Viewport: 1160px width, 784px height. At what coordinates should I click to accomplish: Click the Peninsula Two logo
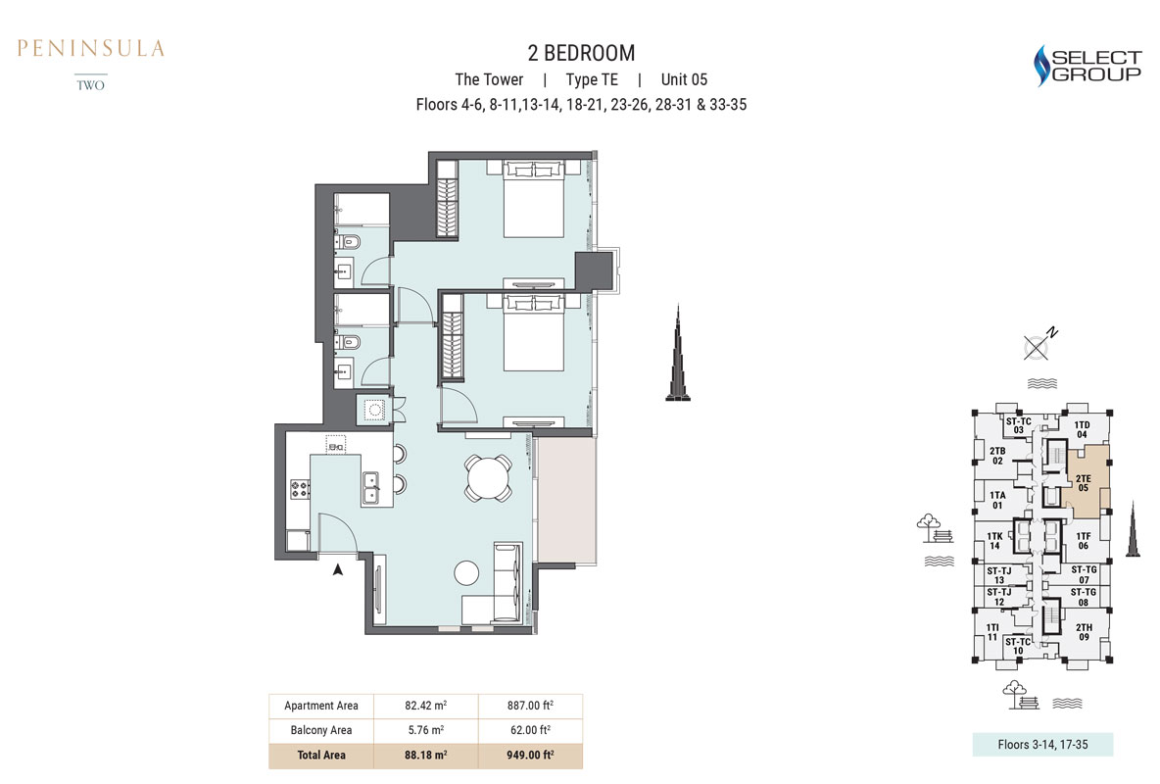[91, 65]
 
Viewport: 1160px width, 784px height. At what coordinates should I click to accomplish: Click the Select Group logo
[1087, 65]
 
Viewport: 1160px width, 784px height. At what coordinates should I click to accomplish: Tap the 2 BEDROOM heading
[581, 53]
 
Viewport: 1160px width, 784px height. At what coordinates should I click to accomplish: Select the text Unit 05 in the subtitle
[684, 79]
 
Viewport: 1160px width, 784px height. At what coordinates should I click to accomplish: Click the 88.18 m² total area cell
[425, 756]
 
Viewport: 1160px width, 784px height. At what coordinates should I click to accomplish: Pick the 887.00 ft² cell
[530, 706]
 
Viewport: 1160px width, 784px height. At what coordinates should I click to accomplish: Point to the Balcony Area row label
[321, 730]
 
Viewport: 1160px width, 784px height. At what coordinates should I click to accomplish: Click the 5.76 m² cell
[425, 730]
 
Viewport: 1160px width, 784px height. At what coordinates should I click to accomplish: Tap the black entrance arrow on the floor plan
[338, 569]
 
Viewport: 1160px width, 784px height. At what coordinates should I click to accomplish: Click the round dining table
[488, 477]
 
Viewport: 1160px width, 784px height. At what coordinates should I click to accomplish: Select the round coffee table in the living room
[466, 572]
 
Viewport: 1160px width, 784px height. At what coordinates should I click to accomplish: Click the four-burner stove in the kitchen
[300, 489]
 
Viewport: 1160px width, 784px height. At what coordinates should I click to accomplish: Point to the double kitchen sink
[370, 487]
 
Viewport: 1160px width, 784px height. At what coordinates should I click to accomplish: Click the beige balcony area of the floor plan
[565, 500]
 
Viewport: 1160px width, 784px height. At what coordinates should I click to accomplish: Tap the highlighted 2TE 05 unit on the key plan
[1085, 482]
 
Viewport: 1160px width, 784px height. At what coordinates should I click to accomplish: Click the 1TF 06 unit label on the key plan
[1083, 541]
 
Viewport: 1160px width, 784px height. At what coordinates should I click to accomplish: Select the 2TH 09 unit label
[1084, 632]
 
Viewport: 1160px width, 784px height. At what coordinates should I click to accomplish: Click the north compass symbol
[1039, 344]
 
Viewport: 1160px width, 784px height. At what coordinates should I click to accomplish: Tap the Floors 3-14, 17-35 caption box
[1042, 745]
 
